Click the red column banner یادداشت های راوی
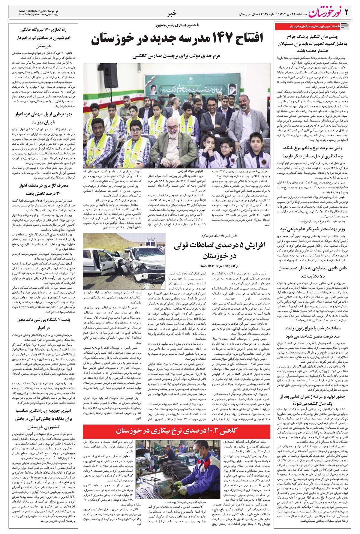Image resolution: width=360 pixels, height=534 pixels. (x=312, y=27)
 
